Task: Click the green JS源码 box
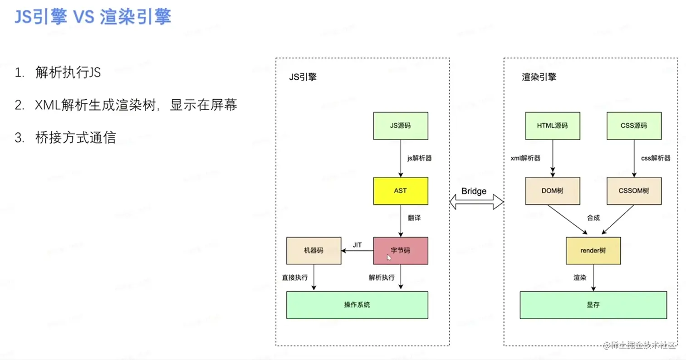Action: click(x=401, y=126)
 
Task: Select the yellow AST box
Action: click(x=401, y=191)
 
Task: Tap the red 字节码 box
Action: click(x=401, y=251)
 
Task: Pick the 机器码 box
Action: click(x=314, y=251)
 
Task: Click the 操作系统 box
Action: click(x=357, y=305)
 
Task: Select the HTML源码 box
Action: click(x=553, y=126)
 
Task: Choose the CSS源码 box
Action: click(x=634, y=126)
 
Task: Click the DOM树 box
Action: click(x=553, y=191)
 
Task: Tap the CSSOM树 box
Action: click(x=634, y=191)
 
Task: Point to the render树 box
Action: click(x=593, y=251)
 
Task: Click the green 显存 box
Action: click(x=593, y=305)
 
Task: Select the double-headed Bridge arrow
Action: click(x=476, y=202)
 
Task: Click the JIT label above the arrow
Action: click(x=357, y=245)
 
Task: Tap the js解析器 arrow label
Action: click(x=419, y=158)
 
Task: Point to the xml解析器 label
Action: click(x=525, y=158)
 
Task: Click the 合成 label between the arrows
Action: click(x=593, y=218)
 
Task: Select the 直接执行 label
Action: click(x=294, y=277)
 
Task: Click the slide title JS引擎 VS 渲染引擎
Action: click(x=93, y=16)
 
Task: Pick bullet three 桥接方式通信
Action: click(x=76, y=137)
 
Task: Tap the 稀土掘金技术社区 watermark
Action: click(x=639, y=345)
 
